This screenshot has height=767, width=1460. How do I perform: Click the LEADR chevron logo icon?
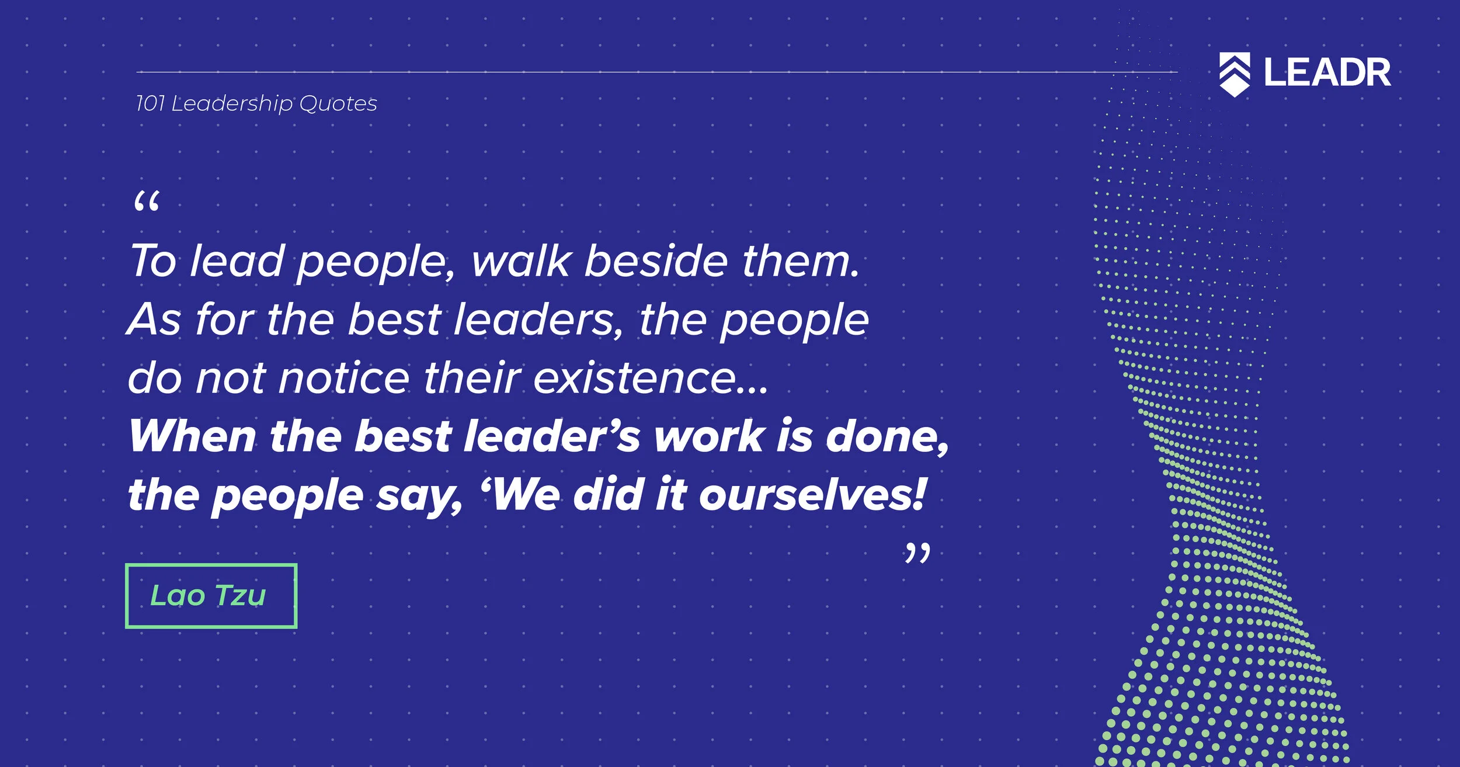tap(1235, 74)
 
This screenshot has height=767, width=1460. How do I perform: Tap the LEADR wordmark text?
tap(1327, 73)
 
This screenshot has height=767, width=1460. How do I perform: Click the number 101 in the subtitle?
tap(150, 104)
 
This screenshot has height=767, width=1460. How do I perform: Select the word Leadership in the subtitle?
tap(232, 104)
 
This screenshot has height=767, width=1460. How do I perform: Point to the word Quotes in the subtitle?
tap(338, 104)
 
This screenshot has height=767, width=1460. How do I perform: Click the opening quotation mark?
tap(146, 203)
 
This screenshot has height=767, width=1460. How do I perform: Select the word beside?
tap(656, 261)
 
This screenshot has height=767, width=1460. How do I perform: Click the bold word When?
tap(192, 436)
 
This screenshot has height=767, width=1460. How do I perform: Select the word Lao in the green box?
tap(178, 596)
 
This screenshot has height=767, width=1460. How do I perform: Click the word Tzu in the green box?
tap(241, 596)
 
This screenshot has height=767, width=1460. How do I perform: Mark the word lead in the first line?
tap(237, 261)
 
